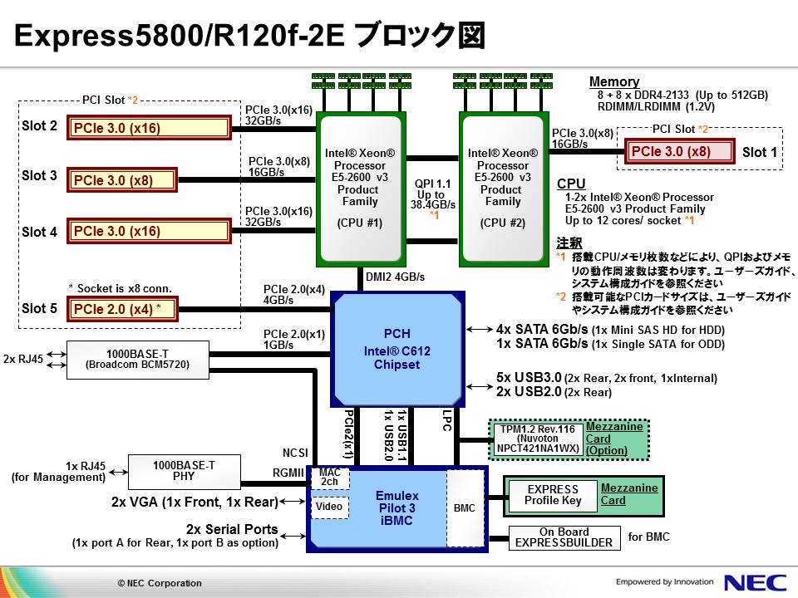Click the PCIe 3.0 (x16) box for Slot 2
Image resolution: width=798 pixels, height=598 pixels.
[148, 128]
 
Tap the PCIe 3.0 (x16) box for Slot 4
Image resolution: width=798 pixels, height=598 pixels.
[148, 231]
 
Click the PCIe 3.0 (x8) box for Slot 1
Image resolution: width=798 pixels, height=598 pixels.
[680, 152]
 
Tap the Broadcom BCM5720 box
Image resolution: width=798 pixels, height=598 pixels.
[138, 359]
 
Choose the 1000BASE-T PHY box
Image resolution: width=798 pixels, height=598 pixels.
[184, 471]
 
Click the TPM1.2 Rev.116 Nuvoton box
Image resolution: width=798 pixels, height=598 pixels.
[537, 439]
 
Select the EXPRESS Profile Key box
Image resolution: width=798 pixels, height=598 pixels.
[552, 495]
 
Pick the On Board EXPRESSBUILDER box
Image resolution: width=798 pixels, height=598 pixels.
[564, 537]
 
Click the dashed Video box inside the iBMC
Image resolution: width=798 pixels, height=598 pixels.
[330, 506]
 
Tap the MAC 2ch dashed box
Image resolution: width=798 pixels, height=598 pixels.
[330, 478]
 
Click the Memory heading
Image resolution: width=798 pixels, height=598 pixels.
[614, 81]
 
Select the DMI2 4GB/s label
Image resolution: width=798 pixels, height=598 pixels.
[396, 277]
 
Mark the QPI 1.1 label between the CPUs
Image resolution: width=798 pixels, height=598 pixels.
[432, 184]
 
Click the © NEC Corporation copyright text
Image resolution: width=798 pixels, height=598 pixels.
[160, 583]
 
